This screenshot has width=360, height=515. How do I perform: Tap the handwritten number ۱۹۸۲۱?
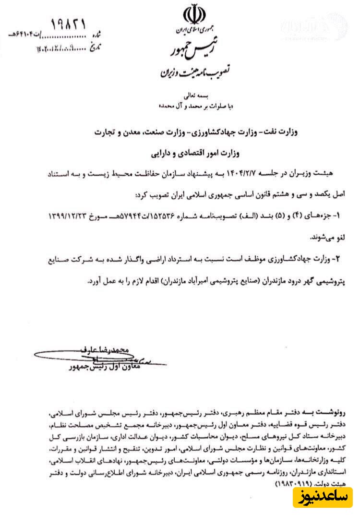point(68,24)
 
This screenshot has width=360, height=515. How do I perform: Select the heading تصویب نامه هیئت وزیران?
point(195,73)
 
